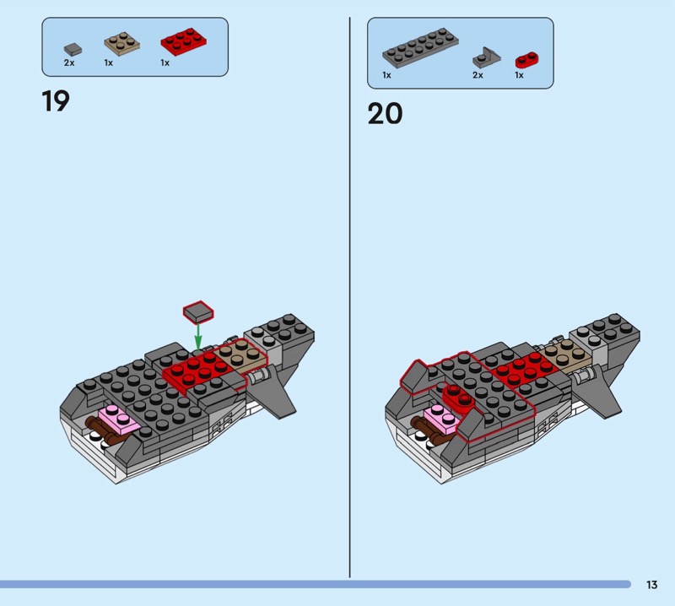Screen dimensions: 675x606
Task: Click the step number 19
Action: (56, 101)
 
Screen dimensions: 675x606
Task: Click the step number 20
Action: (385, 114)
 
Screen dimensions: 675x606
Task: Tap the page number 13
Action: (651, 584)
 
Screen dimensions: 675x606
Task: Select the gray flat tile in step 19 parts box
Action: (73, 50)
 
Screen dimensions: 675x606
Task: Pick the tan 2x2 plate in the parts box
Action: (121, 44)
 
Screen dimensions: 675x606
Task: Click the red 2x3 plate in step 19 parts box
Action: (184, 41)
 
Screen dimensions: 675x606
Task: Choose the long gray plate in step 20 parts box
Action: (420, 48)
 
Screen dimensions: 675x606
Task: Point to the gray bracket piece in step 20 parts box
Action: (487, 57)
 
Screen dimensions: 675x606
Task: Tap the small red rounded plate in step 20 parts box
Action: (526, 60)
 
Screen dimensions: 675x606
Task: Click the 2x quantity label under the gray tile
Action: (69, 62)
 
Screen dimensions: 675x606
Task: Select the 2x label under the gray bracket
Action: (478, 75)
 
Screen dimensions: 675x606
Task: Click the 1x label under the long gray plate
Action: (386, 75)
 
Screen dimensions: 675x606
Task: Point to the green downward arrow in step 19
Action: (198, 336)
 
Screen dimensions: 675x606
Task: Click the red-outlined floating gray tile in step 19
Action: (198, 311)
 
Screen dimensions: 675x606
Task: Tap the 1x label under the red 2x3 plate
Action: (165, 62)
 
